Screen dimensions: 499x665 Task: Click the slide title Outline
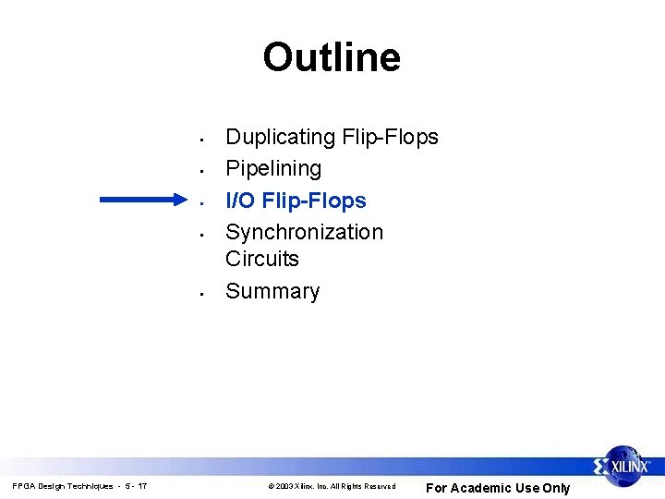(x=332, y=57)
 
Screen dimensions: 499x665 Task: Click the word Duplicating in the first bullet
(x=281, y=138)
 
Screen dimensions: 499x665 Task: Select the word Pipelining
(x=273, y=169)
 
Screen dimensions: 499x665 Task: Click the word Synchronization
(x=304, y=232)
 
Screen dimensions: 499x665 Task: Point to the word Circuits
(x=262, y=260)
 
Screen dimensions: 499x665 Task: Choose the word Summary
(x=272, y=292)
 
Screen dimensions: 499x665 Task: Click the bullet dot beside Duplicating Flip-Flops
(x=200, y=141)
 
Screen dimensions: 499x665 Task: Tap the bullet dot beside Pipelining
(x=200, y=172)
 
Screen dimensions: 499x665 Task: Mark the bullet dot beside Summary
(x=200, y=296)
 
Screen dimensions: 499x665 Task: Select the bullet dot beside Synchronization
(x=200, y=235)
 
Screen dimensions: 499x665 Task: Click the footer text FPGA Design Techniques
(x=62, y=486)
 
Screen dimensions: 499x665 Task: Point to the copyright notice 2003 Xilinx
(x=331, y=486)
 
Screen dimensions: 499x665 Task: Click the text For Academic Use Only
(x=497, y=488)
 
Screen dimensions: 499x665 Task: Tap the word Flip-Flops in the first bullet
(x=391, y=138)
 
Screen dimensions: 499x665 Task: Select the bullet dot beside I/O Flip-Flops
(x=200, y=203)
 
